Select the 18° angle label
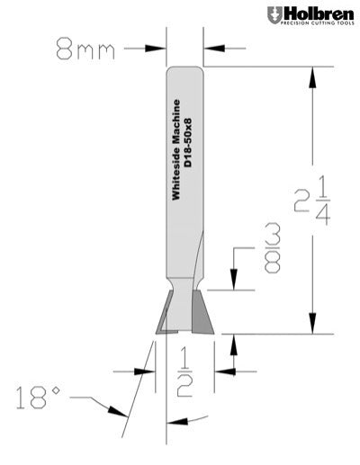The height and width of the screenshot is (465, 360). pyautogui.click(x=41, y=392)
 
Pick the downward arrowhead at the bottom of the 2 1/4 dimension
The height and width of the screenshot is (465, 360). pyautogui.click(x=316, y=326)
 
